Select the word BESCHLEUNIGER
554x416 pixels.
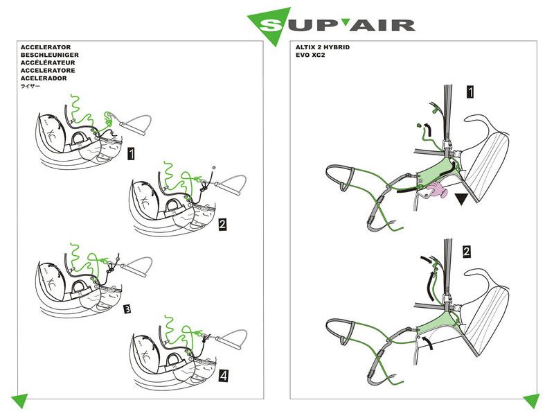(50, 55)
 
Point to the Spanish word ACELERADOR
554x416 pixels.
(45, 78)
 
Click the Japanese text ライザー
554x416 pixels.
(31, 87)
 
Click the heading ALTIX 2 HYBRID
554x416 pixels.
(322, 47)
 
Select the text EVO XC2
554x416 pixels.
(311, 55)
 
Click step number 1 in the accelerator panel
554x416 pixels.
(131, 154)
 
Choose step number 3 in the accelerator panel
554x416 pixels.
(127, 309)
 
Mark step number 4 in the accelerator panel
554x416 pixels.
(222, 376)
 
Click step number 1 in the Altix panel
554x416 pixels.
(470, 92)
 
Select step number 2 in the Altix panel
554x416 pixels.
(466, 251)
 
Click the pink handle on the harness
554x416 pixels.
(437, 193)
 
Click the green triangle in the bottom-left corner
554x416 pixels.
(18, 400)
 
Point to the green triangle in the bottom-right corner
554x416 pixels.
(532, 400)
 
